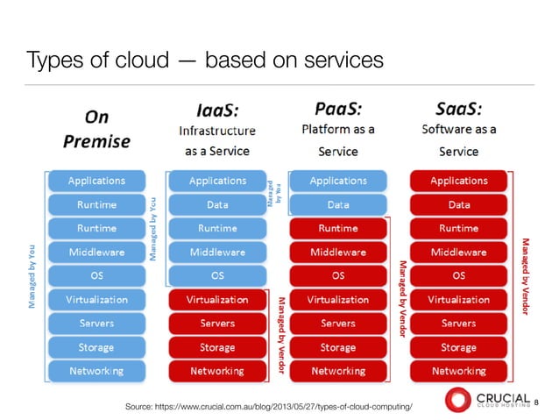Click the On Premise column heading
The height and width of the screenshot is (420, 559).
click(x=96, y=128)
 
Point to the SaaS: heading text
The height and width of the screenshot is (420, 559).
click(x=458, y=110)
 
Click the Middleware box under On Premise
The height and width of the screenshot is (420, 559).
click(x=96, y=253)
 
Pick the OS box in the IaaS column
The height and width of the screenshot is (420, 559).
click(x=217, y=275)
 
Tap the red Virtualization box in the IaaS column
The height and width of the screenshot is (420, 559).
click(x=217, y=300)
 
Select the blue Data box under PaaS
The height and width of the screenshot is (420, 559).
click(x=338, y=205)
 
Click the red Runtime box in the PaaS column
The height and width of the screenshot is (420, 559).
click(x=338, y=229)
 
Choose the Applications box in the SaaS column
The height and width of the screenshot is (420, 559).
click(x=458, y=182)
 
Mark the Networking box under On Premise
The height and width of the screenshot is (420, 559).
click(x=96, y=371)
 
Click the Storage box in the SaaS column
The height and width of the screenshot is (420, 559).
click(x=458, y=347)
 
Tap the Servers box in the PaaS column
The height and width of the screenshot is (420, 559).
click(x=338, y=324)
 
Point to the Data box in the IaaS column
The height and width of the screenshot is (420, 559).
click(x=217, y=205)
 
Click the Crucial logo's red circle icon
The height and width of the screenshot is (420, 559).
click(x=457, y=401)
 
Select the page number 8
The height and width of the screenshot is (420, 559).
click(x=536, y=402)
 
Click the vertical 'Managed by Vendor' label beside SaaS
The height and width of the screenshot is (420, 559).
click(x=526, y=272)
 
